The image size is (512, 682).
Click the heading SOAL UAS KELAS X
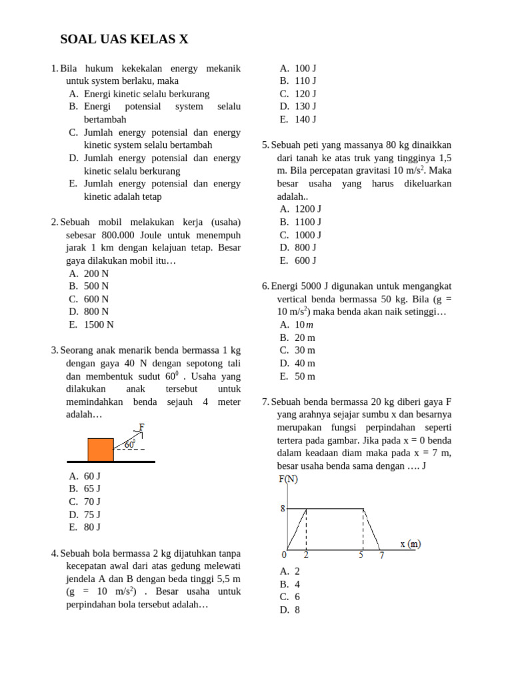click(124, 39)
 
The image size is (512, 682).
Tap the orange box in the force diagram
click(101, 449)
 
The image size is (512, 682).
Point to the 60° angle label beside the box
click(130, 444)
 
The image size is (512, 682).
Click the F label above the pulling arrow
click(142, 427)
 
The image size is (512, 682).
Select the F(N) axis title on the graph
click(288, 480)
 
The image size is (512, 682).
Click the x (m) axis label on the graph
click(410, 543)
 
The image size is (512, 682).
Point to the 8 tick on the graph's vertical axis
click(283, 509)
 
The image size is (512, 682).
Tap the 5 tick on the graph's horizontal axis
click(361, 555)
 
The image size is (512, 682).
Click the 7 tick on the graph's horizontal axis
click(381, 555)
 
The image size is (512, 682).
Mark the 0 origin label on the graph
click(284, 555)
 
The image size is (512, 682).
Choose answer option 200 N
click(96, 273)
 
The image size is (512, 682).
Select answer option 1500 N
click(99, 324)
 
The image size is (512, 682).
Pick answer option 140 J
click(305, 119)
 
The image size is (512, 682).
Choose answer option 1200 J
click(308, 208)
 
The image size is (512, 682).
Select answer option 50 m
click(305, 376)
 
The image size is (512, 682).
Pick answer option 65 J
click(92, 488)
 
